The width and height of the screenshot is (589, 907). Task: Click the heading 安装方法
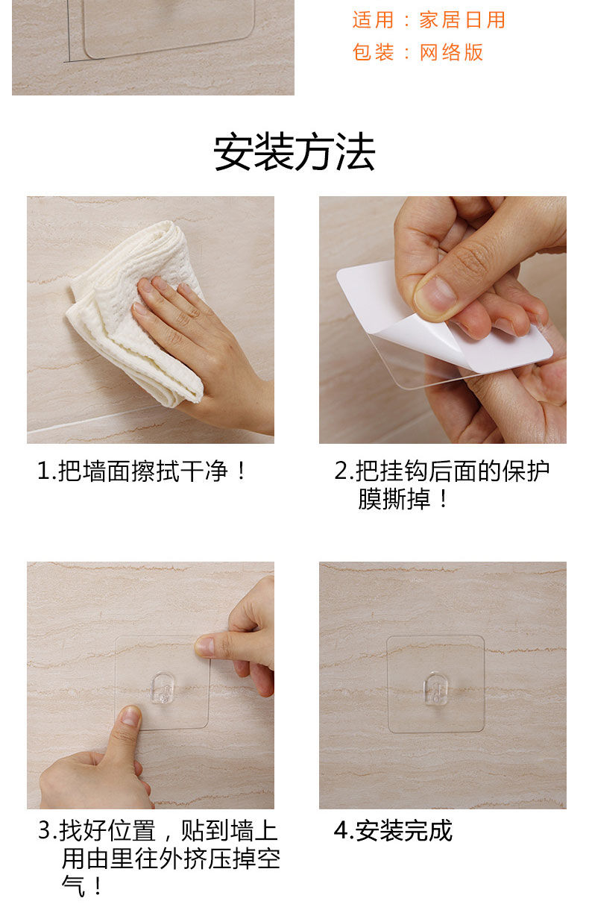tap(294, 152)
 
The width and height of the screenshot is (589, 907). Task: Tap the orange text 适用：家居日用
tap(429, 20)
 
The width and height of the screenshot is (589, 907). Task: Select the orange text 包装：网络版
tap(418, 52)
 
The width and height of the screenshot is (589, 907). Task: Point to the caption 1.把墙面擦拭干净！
tap(142, 471)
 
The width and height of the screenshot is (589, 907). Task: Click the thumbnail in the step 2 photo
tap(436, 294)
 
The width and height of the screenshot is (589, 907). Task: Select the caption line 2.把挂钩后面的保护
tap(442, 471)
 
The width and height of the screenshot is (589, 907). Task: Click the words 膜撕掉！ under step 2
tap(403, 499)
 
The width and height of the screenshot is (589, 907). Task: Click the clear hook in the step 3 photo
tap(163, 688)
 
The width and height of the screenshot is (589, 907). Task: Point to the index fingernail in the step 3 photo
tap(205, 647)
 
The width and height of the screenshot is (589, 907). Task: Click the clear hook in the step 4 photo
tap(435, 688)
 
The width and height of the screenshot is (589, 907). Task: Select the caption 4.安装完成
tap(393, 831)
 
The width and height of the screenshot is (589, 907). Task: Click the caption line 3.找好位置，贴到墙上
tap(158, 831)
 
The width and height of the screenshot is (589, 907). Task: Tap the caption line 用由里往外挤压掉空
tap(171, 859)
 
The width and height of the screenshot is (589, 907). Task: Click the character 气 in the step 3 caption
tap(73, 886)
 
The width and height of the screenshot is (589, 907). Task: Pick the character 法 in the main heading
tap(355, 152)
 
